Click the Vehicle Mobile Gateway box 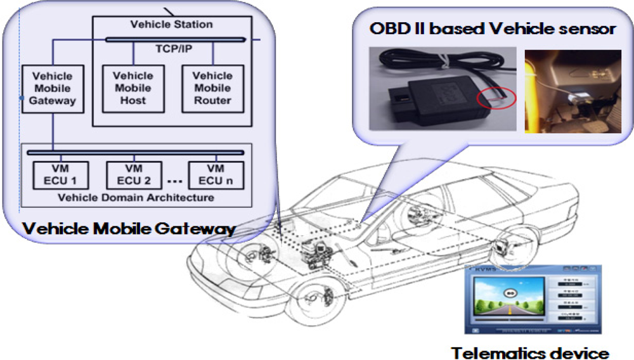pyautogui.click(x=53, y=88)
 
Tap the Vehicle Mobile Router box pyautogui.click(x=212, y=88)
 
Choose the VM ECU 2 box pyautogui.click(x=134, y=174)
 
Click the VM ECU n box pyautogui.click(x=216, y=174)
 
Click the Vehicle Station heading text pyautogui.click(x=171, y=25)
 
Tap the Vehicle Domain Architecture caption pyautogui.click(x=136, y=197)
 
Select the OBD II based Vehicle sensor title pyautogui.click(x=493, y=29)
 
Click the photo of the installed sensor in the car pyautogui.click(x=573, y=91)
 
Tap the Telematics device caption pyautogui.click(x=530, y=352)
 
